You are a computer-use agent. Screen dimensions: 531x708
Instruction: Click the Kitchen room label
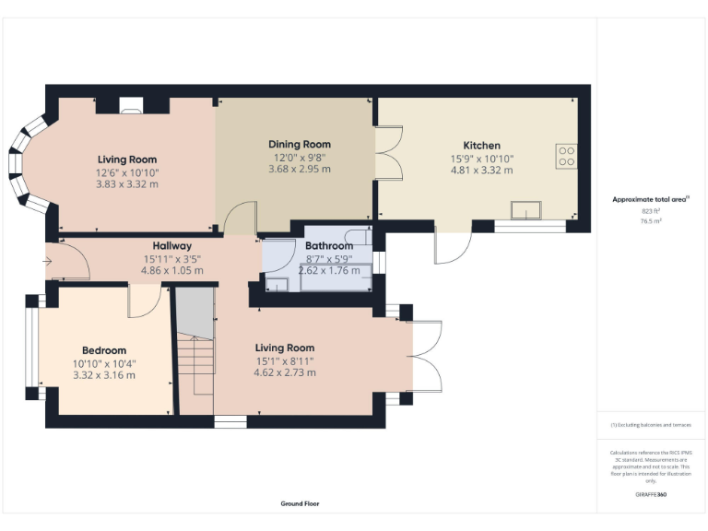point(481,146)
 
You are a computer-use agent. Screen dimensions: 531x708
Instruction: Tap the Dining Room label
point(299,145)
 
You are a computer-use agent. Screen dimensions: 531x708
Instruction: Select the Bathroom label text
point(329,246)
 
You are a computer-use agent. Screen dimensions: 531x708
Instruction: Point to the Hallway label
point(172,246)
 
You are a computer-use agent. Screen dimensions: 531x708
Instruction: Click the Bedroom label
point(103,350)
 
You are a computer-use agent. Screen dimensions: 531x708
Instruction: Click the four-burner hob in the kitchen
point(565,157)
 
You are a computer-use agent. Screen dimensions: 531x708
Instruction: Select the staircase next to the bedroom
point(195,360)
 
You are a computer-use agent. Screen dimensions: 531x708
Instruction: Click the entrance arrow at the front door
point(47,261)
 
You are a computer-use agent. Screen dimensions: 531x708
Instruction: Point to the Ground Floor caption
point(300,504)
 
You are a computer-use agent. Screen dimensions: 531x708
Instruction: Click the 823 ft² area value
point(650,212)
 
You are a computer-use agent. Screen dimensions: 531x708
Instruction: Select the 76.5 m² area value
point(650,221)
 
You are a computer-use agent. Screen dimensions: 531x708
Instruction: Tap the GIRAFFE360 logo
point(650,496)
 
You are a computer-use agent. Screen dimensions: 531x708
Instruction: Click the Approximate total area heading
point(650,199)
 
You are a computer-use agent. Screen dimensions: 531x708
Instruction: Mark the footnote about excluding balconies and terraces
point(650,425)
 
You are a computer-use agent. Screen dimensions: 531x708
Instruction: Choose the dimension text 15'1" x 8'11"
point(285,360)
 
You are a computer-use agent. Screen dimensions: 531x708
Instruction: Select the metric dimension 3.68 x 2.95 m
point(299,169)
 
